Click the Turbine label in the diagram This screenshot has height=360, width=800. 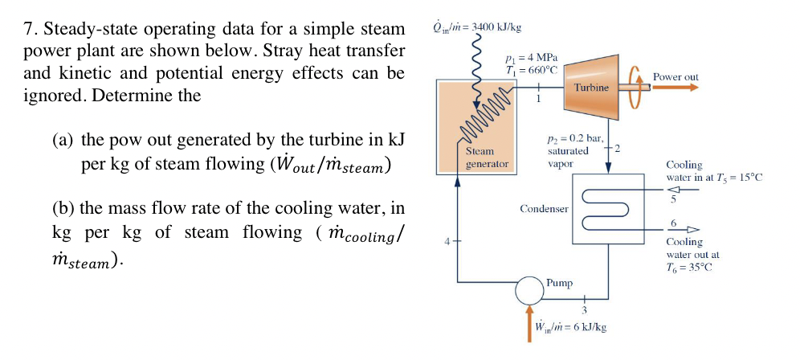pyautogui.click(x=591, y=86)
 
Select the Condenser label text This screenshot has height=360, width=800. pyautogui.click(x=544, y=209)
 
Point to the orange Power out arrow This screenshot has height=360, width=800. pyautogui.click(x=675, y=90)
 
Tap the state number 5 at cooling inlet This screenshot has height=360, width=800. pyautogui.click(x=674, y=201)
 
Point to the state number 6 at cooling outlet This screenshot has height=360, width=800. pyautogui.click(x=674, y=222)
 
